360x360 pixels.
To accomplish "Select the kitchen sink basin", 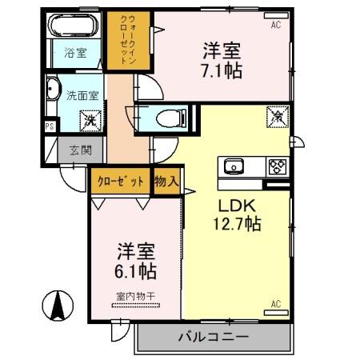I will tap(234, 167).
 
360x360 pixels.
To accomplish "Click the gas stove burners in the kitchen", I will tap(278, 167).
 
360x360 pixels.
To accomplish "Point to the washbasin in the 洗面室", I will tap(53, 90).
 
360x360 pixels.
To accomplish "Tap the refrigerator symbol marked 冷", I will tap(277, 117).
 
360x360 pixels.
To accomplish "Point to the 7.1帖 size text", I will tap(222, 70).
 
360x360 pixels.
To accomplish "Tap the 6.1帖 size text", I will tap(134, 270).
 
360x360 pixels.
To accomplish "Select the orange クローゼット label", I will tap(121, 181).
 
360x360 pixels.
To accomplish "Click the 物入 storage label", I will tap(166, 181).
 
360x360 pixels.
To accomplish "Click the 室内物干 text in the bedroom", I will tap(134, 296).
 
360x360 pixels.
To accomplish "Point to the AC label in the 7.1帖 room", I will tap(275, 25).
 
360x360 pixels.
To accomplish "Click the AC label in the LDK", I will tap(275, 303).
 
